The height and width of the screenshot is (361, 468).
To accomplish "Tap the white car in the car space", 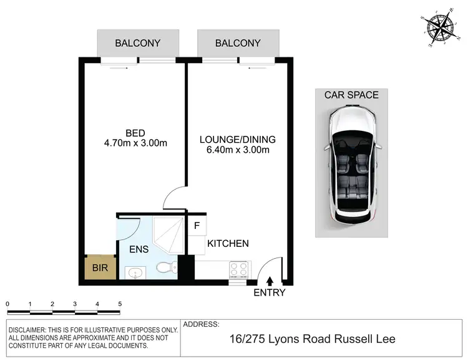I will [353, 165].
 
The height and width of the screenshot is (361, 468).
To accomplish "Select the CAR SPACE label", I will [351, 95].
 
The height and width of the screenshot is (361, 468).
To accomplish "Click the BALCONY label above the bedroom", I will [137, 44].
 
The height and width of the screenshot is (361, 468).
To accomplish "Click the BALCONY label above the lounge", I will [238, 44].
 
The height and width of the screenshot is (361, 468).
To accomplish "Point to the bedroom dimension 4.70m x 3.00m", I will [135, 143].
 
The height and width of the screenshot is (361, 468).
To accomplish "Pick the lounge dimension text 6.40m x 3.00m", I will [237, 150].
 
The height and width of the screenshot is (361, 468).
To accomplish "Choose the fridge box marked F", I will [197, 226].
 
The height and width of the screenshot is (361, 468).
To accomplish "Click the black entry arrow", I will [270, 282].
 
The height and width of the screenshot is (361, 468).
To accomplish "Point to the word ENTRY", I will [270, 292].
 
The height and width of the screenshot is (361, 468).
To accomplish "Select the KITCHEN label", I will [228, 244].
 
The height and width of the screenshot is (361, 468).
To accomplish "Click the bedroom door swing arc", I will [173, 198].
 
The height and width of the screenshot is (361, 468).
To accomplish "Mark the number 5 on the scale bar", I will [120, 304].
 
